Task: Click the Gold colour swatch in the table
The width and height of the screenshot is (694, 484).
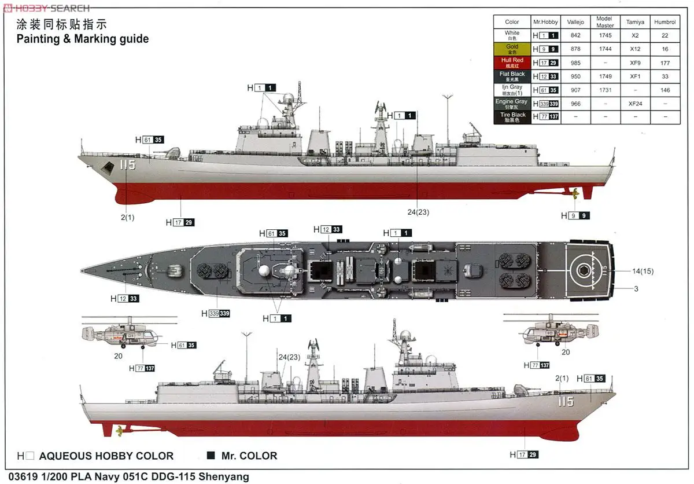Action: pos(512,49)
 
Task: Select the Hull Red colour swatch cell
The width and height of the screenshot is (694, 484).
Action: pos(512,63)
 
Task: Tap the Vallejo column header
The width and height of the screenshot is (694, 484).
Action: pos(575,22)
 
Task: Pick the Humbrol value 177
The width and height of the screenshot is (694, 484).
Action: pos(665,63)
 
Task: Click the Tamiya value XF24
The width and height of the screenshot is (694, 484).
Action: pos(635,104)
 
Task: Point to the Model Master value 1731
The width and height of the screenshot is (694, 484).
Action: pos(605,90)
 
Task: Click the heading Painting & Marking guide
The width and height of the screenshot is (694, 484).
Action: pos(82,39)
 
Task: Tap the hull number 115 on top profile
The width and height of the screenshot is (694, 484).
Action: pos(127,165)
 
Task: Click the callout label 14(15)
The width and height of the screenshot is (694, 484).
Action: pos(643,271)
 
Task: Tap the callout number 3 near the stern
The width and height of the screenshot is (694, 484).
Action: pos(636,288)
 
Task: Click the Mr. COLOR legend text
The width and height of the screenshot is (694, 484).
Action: pos(249,456)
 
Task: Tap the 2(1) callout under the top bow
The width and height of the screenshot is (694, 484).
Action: pos(128,218)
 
